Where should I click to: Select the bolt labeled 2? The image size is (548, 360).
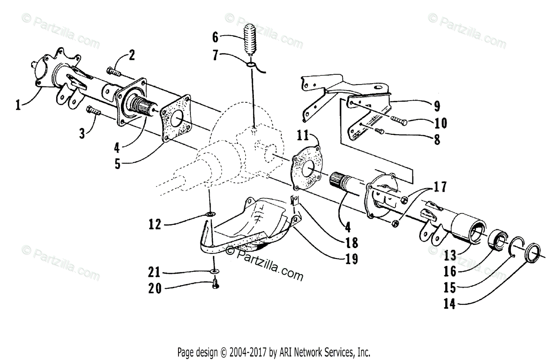(x=113, y=71)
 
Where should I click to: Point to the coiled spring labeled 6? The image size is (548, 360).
(x=250, y=41)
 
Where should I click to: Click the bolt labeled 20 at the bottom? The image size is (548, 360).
(x=216, y=286)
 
